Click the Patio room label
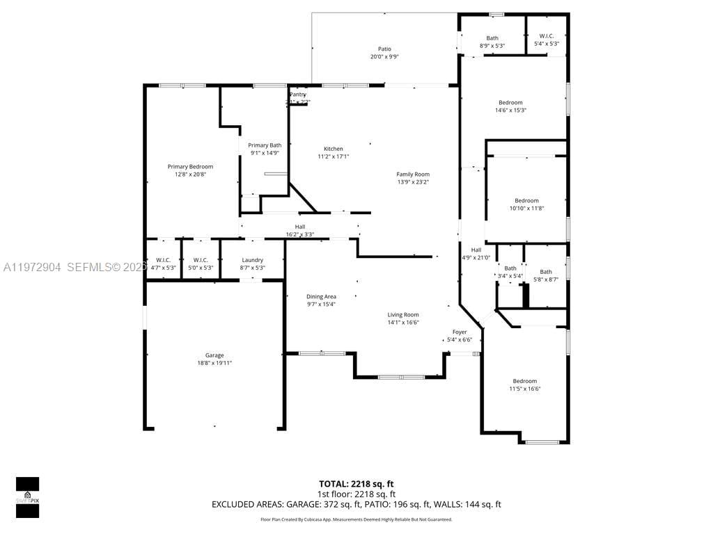(384, 49)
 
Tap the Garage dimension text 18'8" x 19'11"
(214, 363)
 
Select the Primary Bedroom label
(190, 167)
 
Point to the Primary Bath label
(265, 145)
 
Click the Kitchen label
(333, 149)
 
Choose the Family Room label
(413, 175)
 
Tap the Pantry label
(298, 95)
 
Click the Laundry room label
(252, 260)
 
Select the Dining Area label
(321, 297)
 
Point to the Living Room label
(403, 315)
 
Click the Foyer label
(460, 332)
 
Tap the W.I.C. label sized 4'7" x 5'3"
(163, 260)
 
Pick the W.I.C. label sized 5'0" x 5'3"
(201, 260)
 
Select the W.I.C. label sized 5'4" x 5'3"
(546, 36)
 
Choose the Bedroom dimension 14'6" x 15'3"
(510, 110)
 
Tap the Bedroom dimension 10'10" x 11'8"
(526, 208)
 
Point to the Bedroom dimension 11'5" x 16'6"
(525, 389)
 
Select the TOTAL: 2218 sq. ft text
(356, 484)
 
